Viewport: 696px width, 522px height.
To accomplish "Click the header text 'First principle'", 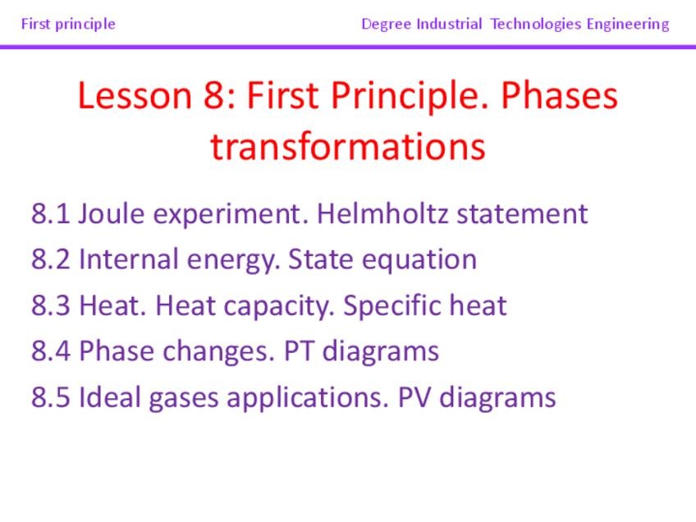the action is pyautogui.click(x=68, y=24).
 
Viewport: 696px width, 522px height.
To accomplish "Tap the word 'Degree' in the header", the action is pyautogui.click(x=387, y=25).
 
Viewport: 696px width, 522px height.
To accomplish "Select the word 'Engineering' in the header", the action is pyautogui.click(x=628, y=25).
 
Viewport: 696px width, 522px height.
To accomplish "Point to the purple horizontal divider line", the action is pyautogui.click(x=348, y=47).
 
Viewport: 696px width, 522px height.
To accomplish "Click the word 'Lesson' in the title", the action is pyautogui.click(x=135, y=95).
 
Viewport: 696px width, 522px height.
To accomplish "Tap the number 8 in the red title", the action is pyautogui.click(x=214, y=95).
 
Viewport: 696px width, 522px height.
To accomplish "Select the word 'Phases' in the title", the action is pyautogui.click(x=559, y=95).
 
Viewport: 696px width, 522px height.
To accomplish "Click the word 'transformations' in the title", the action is pyautogui.click(x=348, y=147).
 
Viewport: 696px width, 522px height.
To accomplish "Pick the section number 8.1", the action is pyautogui.click(x=51, y=214).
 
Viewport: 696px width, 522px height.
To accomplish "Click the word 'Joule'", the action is pyautogui.click(x=112, y=214).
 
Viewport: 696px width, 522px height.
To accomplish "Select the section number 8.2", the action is pyautogui.click(x=51, y=259).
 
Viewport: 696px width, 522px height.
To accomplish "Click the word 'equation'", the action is pyautogui.click(x=419, y=260).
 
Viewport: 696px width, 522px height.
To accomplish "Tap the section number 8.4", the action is pyautogui.click(x=51, y=351).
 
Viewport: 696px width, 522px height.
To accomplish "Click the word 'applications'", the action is pyautogui.click(x=308, y=398).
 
